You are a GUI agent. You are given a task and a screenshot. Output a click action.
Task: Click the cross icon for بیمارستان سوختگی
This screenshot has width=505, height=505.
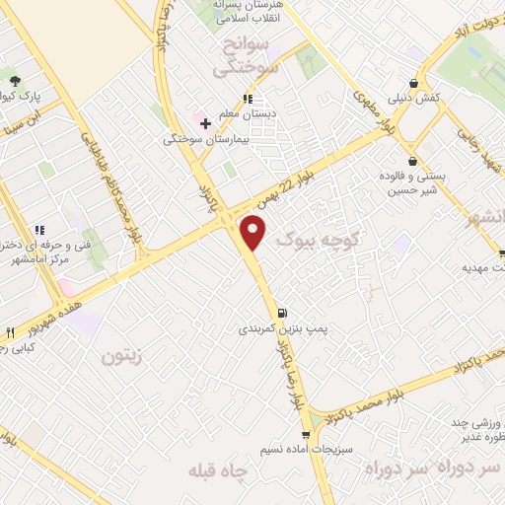click(x=205, y=123)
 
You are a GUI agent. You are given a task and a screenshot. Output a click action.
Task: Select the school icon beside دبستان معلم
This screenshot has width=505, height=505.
click(x=248, y=99)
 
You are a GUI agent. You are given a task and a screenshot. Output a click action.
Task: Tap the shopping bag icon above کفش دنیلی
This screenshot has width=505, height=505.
click(x=412, y=83)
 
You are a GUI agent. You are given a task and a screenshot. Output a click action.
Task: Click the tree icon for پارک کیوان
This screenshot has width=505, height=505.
click(x=14, y=81)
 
